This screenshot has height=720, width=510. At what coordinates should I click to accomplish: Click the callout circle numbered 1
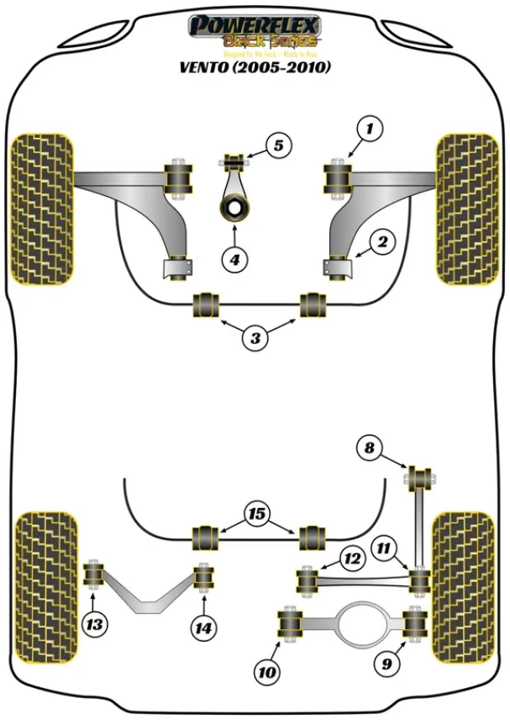tap(367, 129)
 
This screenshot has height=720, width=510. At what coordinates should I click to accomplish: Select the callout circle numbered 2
tap(381, 243)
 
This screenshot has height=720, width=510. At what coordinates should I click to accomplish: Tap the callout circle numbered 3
tap(256, 339)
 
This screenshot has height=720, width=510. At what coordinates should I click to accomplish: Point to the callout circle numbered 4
tap(236, 261)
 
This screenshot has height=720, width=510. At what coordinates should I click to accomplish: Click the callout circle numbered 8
tap(368, 448)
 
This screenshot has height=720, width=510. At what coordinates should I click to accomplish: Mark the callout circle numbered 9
tap(386, 664)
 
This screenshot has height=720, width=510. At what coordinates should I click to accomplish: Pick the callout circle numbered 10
tap(266, 672)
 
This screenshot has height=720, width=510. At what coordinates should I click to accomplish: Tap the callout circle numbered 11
tap(386, 549)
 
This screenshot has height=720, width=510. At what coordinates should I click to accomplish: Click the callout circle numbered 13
tap(95, 624)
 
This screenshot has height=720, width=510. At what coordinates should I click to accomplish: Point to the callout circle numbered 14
tap(202, 627)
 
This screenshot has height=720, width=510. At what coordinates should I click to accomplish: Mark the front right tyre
tap(465, 209)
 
